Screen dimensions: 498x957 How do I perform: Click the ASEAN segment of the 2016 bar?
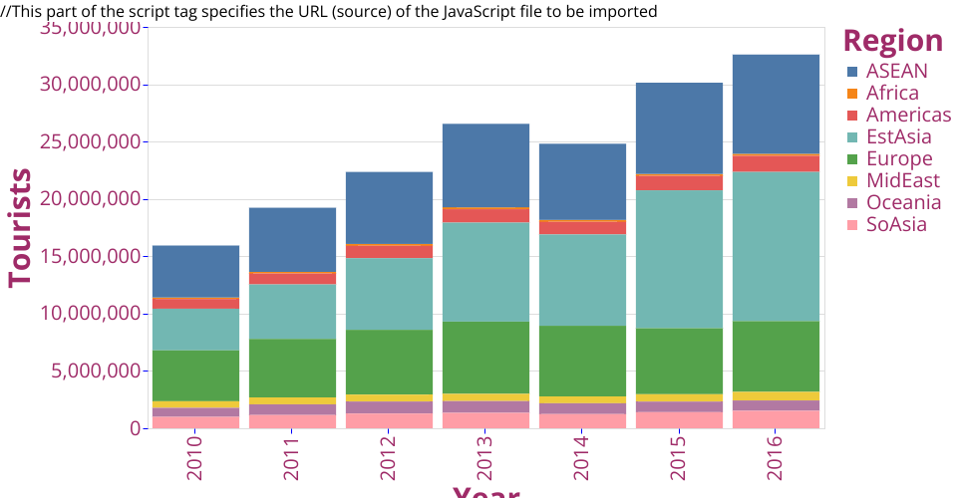(776, 104)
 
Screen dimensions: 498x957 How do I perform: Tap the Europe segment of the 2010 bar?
(195, 375)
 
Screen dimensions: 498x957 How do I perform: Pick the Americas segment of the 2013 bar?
(485, 215)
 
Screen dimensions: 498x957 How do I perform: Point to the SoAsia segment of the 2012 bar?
(389, 420)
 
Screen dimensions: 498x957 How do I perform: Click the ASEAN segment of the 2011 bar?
(292, 239)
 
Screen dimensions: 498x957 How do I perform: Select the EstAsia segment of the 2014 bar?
(582, 280)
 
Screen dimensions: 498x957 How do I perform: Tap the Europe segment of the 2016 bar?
(776, 356)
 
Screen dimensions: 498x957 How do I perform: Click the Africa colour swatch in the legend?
(852, 94)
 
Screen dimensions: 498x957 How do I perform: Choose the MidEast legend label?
(903, 181)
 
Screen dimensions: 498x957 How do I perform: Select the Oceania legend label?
(903, 203)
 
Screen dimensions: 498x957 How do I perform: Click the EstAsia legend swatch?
(852, 137)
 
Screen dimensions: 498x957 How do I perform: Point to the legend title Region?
(892, 41)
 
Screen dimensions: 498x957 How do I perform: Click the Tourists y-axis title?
(21, 228)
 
